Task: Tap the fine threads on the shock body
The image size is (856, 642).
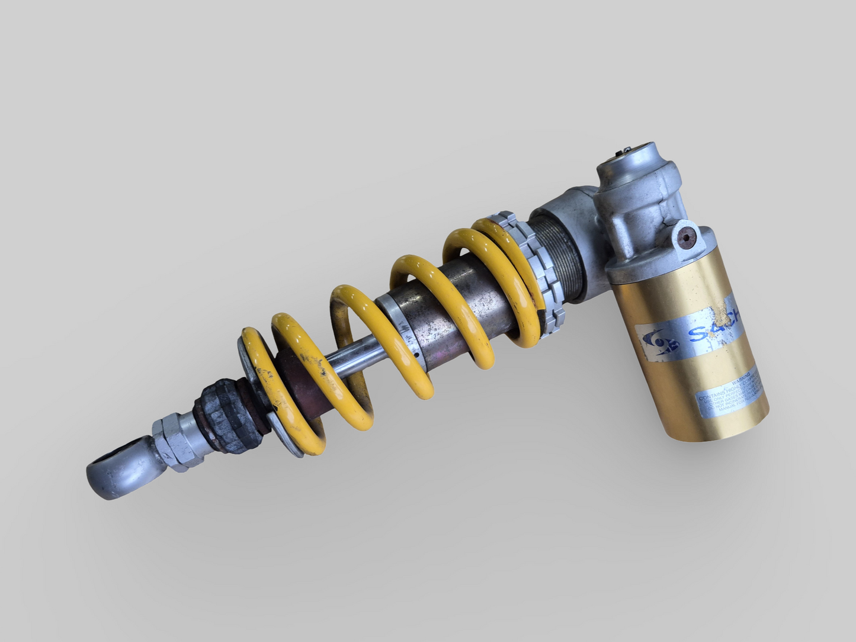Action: click(560, 248)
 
